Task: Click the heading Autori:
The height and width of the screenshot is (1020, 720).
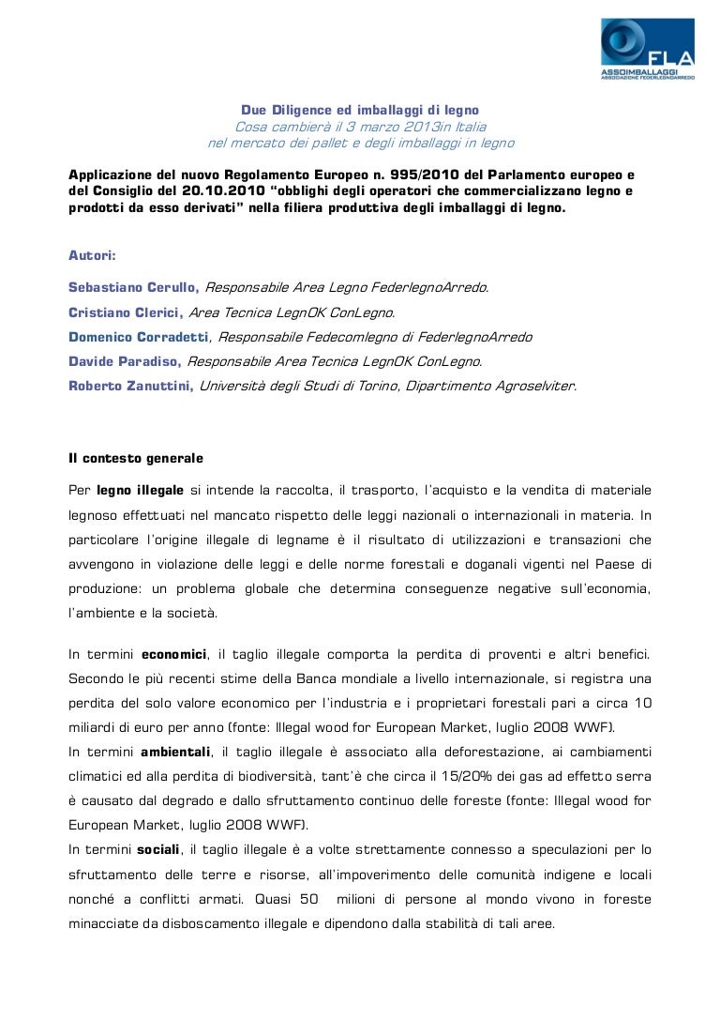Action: click(92, 254)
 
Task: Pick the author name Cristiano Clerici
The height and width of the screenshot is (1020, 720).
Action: click(126, 312)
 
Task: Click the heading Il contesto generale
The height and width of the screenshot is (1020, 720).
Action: click(135, 459)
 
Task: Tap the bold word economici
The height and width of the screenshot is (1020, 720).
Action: click(173, 653)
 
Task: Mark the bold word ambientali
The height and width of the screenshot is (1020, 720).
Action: click(175, 753)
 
